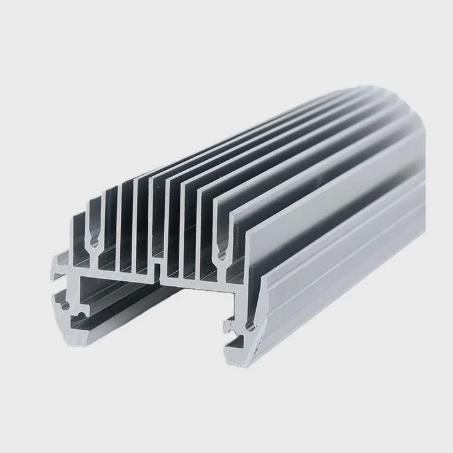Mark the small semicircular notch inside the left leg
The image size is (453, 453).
click(81, 312)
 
